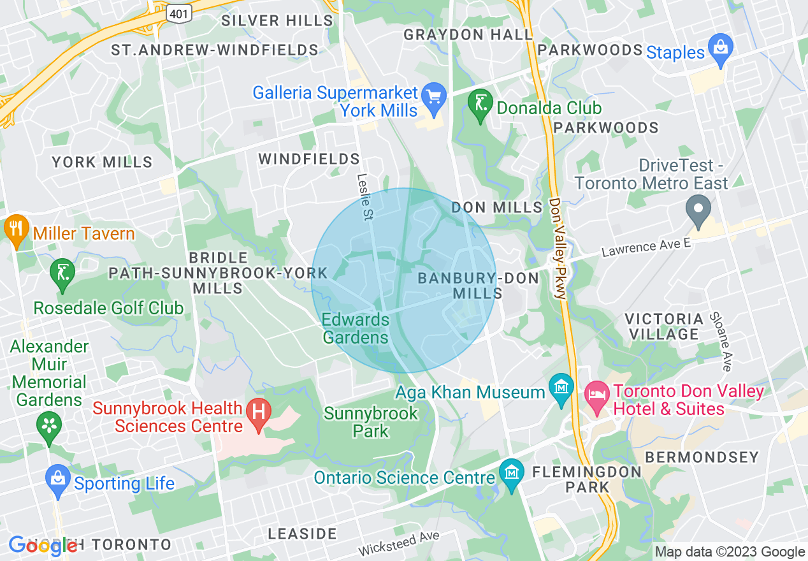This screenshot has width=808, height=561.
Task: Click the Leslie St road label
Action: tap(364, 197)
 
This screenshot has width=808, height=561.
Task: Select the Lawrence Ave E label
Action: tap(647, 247)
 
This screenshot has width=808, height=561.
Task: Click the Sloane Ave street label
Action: tap(721, 341)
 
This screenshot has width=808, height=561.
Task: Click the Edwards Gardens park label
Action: tap(356, 328)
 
